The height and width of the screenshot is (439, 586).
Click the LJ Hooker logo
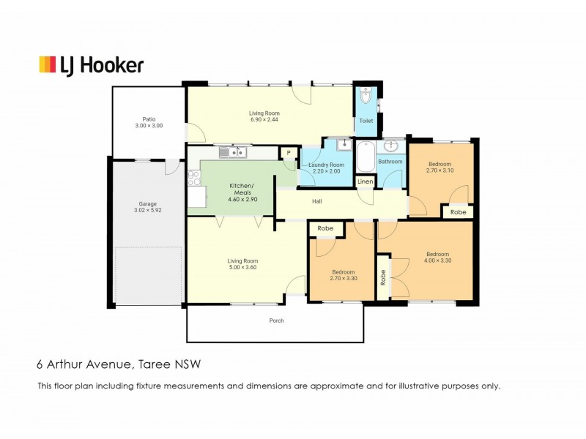pos(91,64)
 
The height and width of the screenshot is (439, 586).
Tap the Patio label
pos(149,119)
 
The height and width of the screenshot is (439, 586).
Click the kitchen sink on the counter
pos(235,152)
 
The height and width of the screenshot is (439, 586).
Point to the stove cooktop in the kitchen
pos(193,178)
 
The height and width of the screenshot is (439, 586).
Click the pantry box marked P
pos(289,152)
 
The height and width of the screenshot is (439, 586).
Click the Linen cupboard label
pos(365,181)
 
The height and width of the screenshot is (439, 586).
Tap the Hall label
pos(317,201)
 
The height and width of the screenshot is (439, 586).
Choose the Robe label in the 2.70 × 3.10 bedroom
pos(458,211)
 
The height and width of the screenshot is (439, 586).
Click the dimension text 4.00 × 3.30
pos(437,260)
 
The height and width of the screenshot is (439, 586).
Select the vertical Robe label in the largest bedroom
pos(383,278)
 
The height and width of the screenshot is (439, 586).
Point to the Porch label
pos(276,320)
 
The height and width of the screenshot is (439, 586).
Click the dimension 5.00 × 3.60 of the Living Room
pos(242,268)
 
